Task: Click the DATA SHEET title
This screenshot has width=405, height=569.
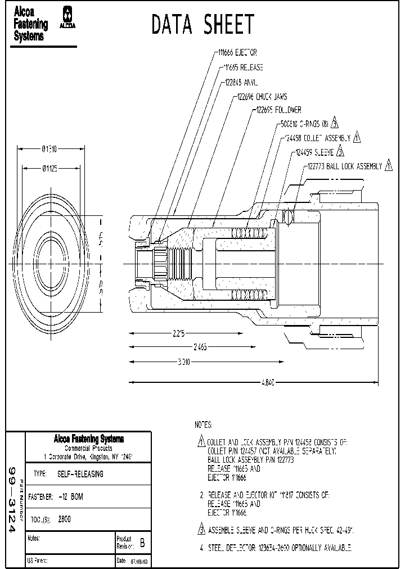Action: click(203, 25)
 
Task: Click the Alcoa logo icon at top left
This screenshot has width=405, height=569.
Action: click(69, 17)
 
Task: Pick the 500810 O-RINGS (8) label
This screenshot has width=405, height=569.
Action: click(304, 124)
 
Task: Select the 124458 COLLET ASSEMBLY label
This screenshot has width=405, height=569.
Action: click(317, 138)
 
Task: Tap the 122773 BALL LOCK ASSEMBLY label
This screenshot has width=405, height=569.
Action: click(344, 166)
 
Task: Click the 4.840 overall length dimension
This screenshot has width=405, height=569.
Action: click(269, 382)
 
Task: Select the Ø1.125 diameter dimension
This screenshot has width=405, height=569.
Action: click(53, 168)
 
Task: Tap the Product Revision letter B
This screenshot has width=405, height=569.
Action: click(142, 543)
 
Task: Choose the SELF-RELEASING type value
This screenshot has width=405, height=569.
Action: click(80, 474)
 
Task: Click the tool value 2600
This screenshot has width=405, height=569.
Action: click(65, 519)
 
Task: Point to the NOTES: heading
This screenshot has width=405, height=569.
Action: click(203, 424)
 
